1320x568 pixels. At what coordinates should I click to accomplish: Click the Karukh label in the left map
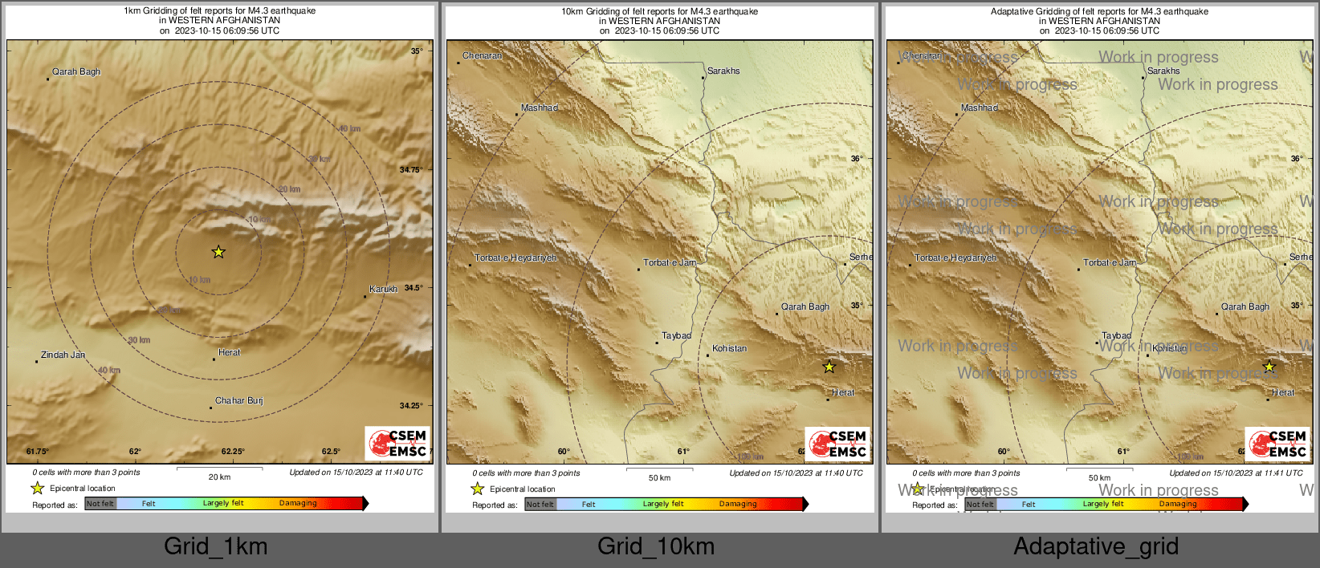(x=383, y=289)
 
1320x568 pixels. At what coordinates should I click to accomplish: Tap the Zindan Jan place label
(x=63, y=355)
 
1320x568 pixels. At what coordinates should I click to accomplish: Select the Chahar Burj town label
(x=238, y=400)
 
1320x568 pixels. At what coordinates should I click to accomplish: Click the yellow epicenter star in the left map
(x=218, y=252)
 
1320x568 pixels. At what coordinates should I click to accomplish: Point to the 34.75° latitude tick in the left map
(x=410, y=170)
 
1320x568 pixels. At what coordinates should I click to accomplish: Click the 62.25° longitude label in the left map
(x=233, y=452)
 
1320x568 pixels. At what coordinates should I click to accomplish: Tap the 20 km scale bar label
(x=219, y=477)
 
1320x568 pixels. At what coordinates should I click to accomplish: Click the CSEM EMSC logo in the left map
(x=397, y=443)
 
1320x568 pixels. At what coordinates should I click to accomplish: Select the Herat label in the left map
(x=229, y=352)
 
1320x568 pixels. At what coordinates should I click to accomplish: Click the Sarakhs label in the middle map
(x=723, y=71)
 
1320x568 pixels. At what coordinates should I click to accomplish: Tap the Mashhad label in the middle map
(x=540, y=108)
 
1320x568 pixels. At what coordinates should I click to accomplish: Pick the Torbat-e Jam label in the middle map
(x=670, y=262)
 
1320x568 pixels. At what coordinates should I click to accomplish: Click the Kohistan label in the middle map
(x=729, y=348)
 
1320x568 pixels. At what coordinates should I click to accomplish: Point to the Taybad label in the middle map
(x=676, y=335)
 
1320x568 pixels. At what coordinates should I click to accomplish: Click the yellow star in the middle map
(x=829, y=367)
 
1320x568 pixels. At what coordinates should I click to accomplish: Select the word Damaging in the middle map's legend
(x=738, y=504)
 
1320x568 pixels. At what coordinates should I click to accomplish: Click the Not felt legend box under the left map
(x=100, y=504)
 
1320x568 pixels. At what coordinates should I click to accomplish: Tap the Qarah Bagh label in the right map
(x=1245, y=306)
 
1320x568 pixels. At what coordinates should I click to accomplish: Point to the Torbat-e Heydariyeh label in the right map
(x=955, y=258)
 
